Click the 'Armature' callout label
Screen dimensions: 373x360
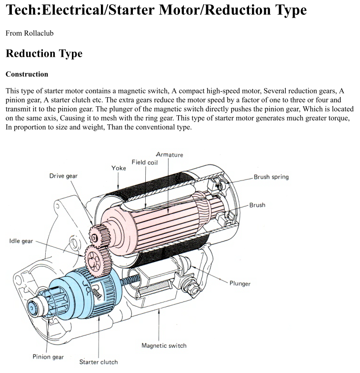click(x=170, y=154)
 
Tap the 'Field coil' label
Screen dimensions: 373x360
click(x=145, y=162)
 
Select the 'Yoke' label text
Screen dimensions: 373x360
click(x=119, y=168)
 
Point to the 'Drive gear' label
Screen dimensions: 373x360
click(x=63, y=176)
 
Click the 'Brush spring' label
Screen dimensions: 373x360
click(x=271, y=177)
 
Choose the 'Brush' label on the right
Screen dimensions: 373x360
click(x=257, y=205)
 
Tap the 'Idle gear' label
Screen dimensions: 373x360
click(x=21, y=241)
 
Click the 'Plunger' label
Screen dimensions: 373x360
click(x=240, y=283)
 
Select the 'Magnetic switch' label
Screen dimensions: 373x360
click(x=164, y=345)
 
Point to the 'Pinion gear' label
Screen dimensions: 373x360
click(x=48, y=356)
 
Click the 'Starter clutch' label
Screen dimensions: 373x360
click(x=99, y=362)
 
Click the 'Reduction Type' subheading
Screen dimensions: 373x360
click(x=44, y=53)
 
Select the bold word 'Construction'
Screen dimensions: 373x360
click(x=27, y=74)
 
